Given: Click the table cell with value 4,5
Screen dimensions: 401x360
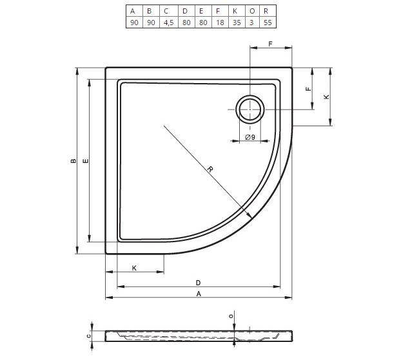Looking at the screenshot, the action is click(168, 23).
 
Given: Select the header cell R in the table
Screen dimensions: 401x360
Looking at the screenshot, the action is click(268, 11).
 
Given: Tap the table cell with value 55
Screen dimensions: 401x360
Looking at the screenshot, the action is click(268, 23).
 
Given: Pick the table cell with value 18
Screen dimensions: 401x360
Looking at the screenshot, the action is click(220, 23).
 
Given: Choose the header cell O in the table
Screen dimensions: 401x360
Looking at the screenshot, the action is click(251, 11).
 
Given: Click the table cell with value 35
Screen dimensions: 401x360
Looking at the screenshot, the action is click(237, 23).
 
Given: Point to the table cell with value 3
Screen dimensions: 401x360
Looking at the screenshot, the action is click(251, 23).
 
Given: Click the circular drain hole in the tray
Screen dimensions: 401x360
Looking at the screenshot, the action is click(250, 109).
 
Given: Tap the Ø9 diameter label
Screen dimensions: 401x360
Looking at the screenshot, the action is click(250, 137).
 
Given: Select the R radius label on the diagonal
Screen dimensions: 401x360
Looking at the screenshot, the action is click(210, 169).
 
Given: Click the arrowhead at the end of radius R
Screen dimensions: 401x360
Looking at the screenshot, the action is click(249, 216).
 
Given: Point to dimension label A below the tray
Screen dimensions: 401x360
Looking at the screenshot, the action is click(199, 294).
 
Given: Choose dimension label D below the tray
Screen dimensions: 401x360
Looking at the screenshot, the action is click(198, 283).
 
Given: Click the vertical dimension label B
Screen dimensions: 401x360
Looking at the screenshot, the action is click(73, 161).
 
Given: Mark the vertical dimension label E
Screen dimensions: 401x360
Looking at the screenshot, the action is click(86, 161).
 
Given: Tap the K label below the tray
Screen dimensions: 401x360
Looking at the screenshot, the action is click(134, 268).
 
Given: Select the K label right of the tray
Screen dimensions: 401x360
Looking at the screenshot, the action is click(327, 97).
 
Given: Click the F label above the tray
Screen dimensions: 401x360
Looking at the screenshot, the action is click(270, 44).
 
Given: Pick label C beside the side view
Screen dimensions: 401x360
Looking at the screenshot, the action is click(89, 336).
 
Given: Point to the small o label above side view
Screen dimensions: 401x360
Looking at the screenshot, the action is click(231, 316).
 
